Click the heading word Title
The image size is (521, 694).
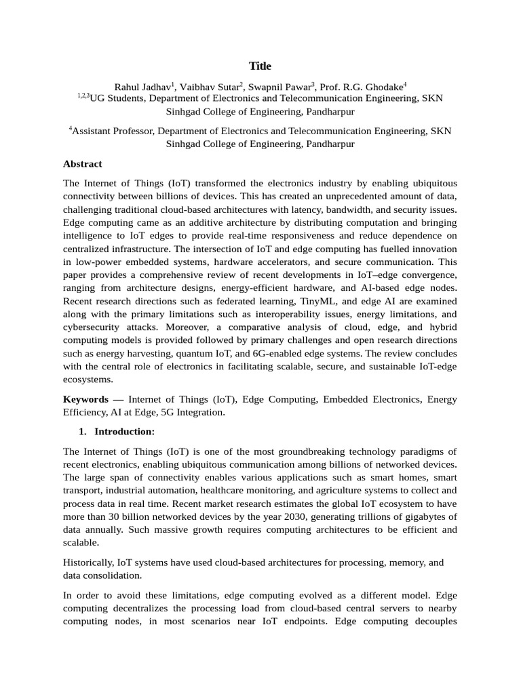(x=260, y=66)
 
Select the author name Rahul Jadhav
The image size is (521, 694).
(x=142, y=86)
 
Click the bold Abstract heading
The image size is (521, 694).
(x=83, y=164)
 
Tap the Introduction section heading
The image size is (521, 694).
(x=124, y=431)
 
